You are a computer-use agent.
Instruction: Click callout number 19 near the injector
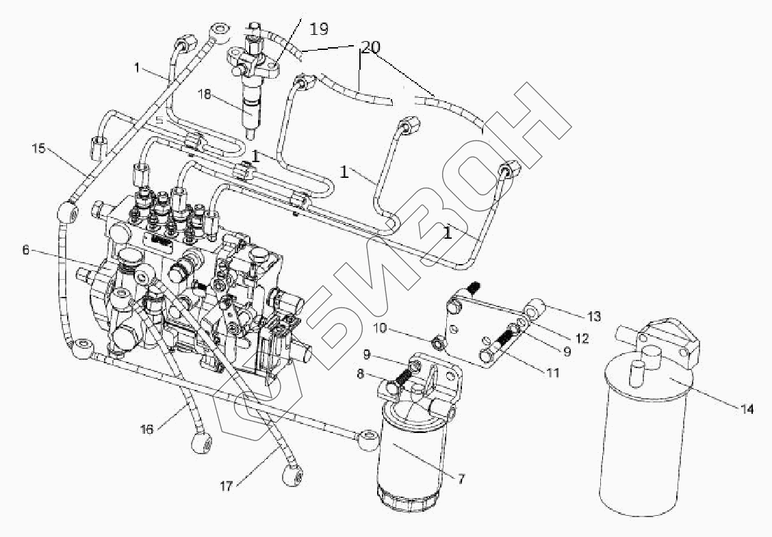319,29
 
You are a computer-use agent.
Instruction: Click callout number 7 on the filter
462,480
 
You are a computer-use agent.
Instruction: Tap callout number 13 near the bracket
594,316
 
